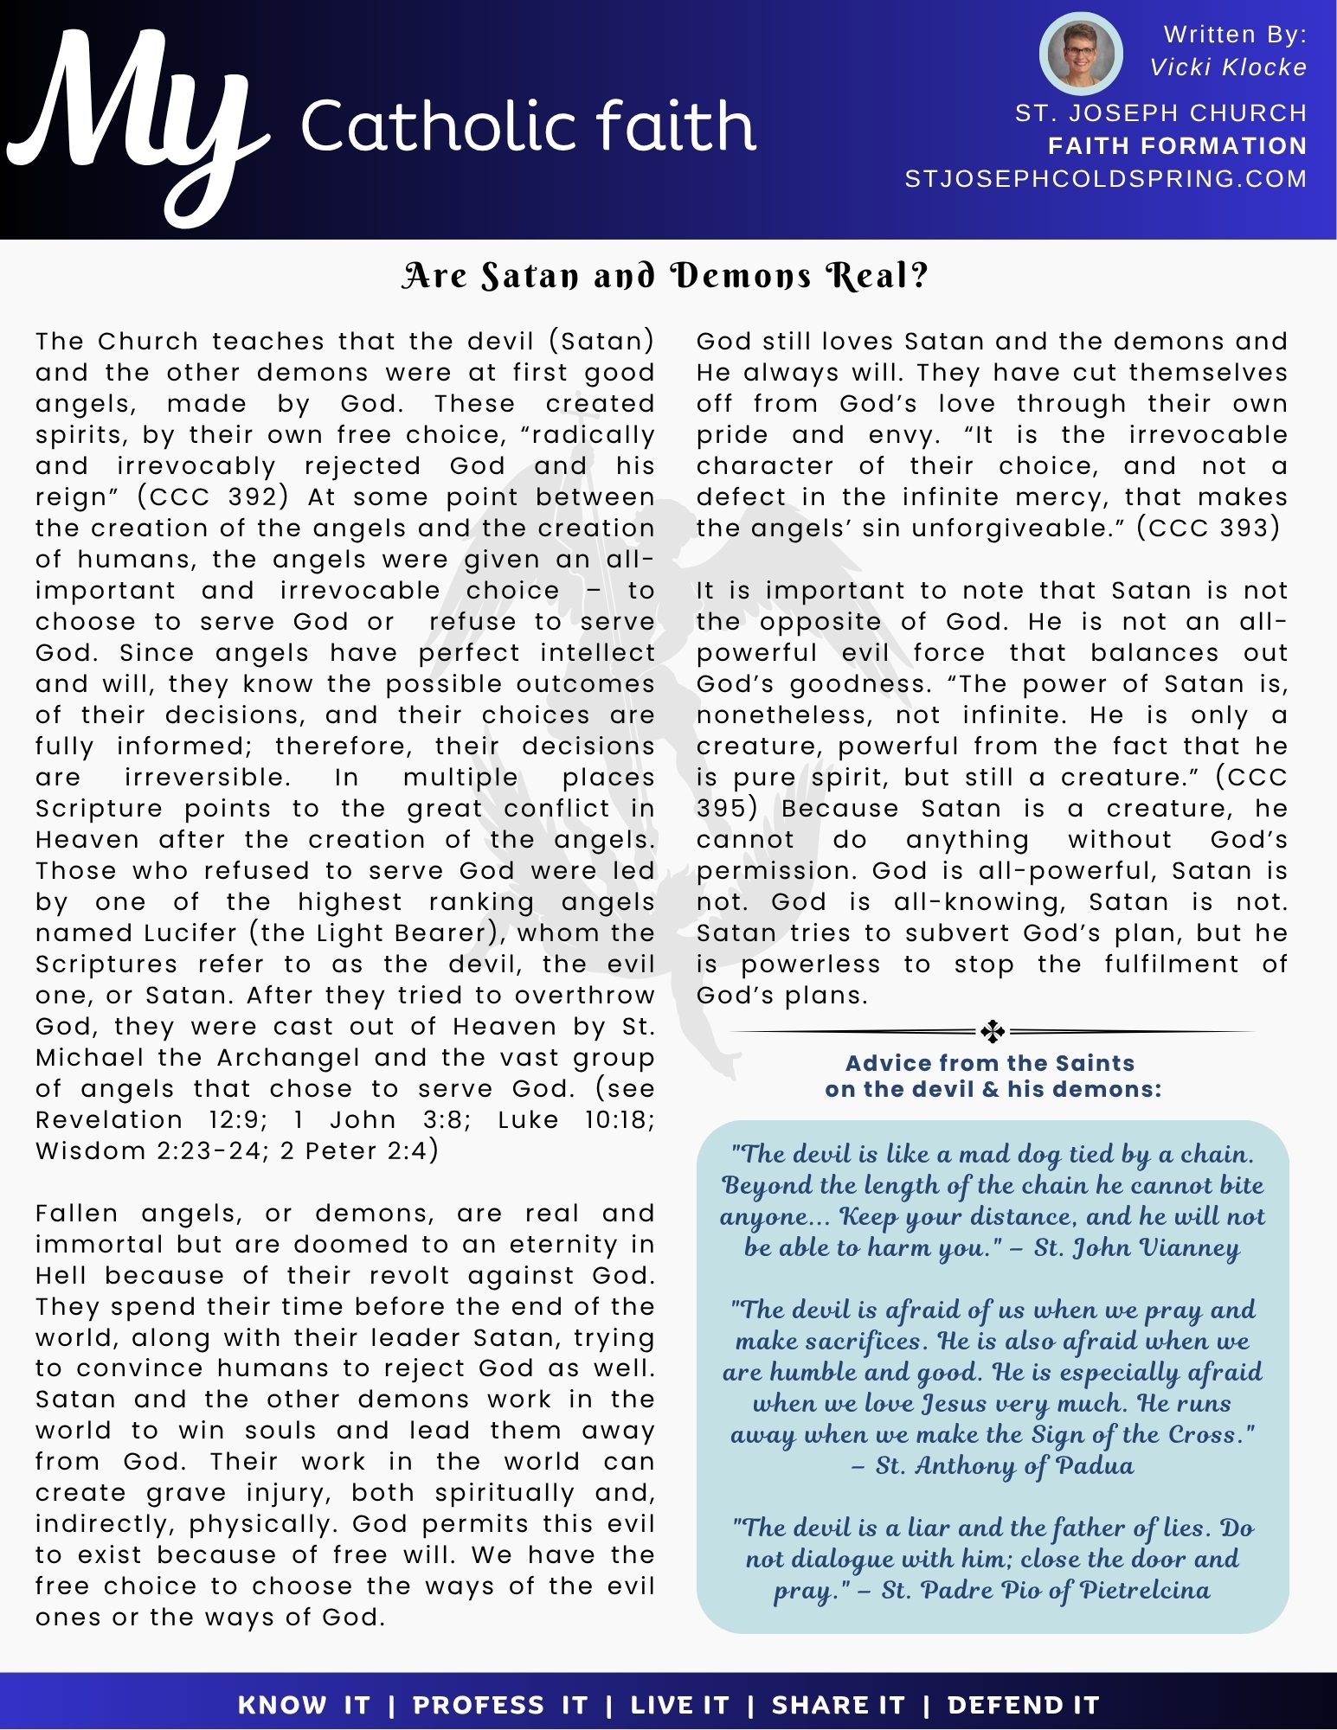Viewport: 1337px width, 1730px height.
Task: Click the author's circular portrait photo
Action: point(1080,54)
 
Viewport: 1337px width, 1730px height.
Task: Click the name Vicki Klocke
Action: point(1228,67)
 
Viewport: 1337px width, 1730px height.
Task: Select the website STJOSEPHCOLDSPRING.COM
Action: point(1105,179)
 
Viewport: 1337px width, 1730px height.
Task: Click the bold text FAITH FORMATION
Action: point(1177,146)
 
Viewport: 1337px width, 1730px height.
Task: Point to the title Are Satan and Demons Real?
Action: point(665,276)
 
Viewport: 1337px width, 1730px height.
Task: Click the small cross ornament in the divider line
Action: point(993,1031)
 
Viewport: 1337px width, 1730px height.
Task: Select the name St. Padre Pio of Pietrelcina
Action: point(1045,1590)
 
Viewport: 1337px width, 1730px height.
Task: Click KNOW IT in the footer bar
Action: point(304,1705)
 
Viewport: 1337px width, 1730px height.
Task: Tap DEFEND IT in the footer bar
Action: point(1023,1705)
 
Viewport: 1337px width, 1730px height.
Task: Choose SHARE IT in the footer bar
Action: point(838,1705)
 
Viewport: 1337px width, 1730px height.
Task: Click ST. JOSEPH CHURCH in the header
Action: point(1160,113)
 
